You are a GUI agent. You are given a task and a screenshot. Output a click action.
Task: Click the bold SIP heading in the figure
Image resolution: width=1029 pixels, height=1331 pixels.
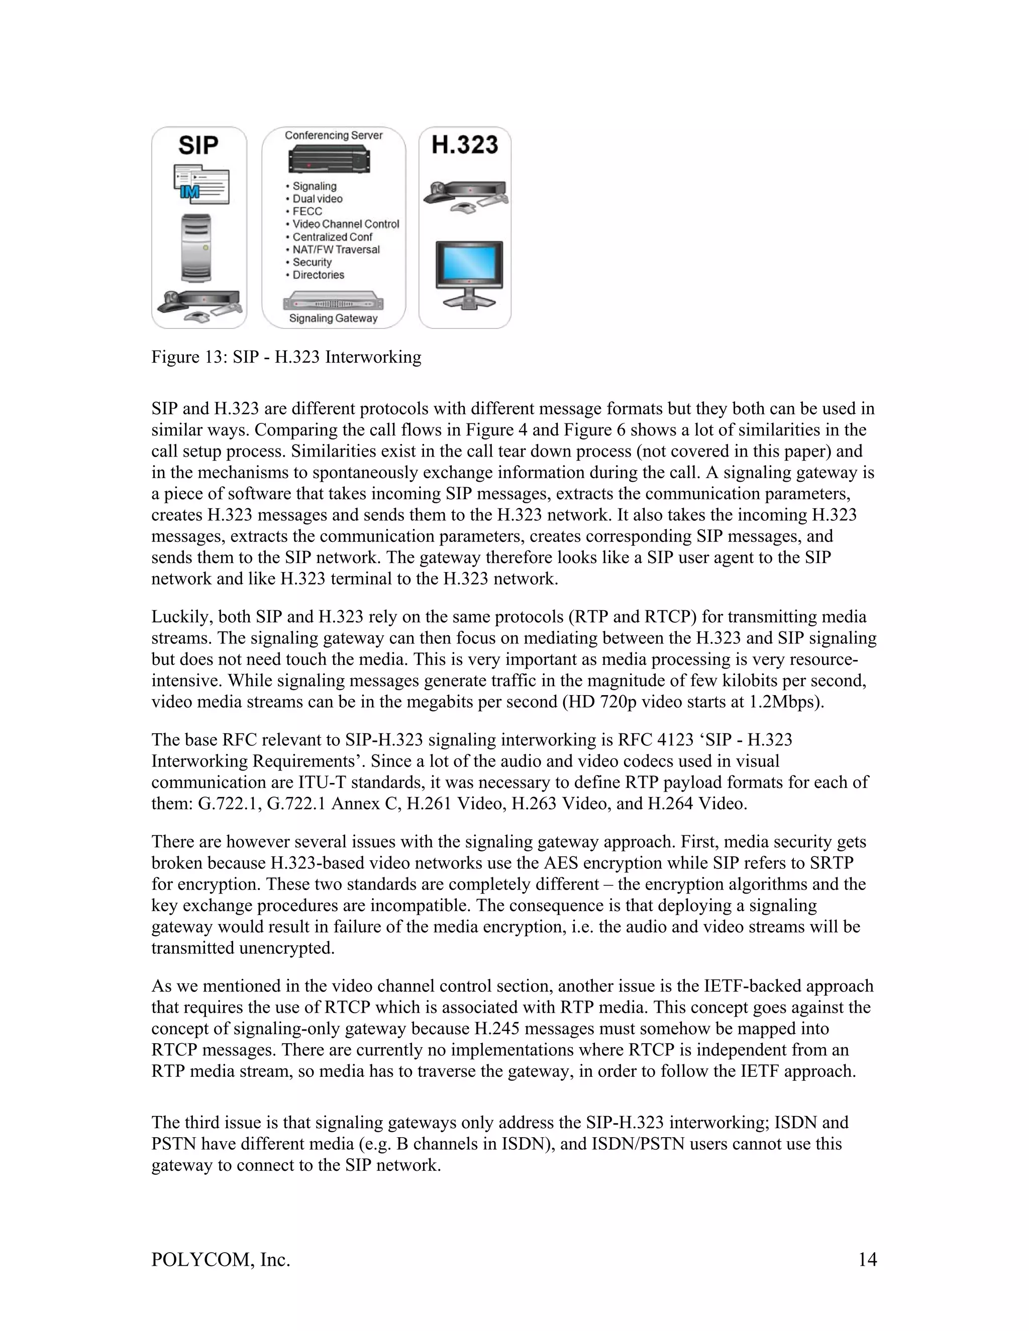click(198, 146)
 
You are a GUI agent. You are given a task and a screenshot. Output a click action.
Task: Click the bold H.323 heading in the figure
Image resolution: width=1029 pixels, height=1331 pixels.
click(465, 145)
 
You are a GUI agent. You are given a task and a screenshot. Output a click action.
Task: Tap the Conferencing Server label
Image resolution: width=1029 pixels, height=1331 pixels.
click(334, 135)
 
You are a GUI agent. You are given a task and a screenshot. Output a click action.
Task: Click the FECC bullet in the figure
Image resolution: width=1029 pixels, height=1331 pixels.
click(306, 211)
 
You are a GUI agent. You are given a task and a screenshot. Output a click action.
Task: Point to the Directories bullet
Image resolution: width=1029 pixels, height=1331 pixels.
click(318, 275)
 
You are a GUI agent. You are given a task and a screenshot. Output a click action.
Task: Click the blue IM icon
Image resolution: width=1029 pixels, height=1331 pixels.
click(190, 192)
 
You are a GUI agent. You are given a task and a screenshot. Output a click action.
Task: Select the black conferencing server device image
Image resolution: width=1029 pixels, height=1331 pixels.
click(330, 161)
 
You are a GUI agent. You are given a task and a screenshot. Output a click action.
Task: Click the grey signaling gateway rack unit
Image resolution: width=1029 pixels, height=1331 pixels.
click(333, 302)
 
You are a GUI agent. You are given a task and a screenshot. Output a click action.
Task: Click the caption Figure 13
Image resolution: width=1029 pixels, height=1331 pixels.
click(286, 357)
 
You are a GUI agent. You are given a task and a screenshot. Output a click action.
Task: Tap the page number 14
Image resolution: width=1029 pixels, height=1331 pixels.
click(867, 1259)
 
